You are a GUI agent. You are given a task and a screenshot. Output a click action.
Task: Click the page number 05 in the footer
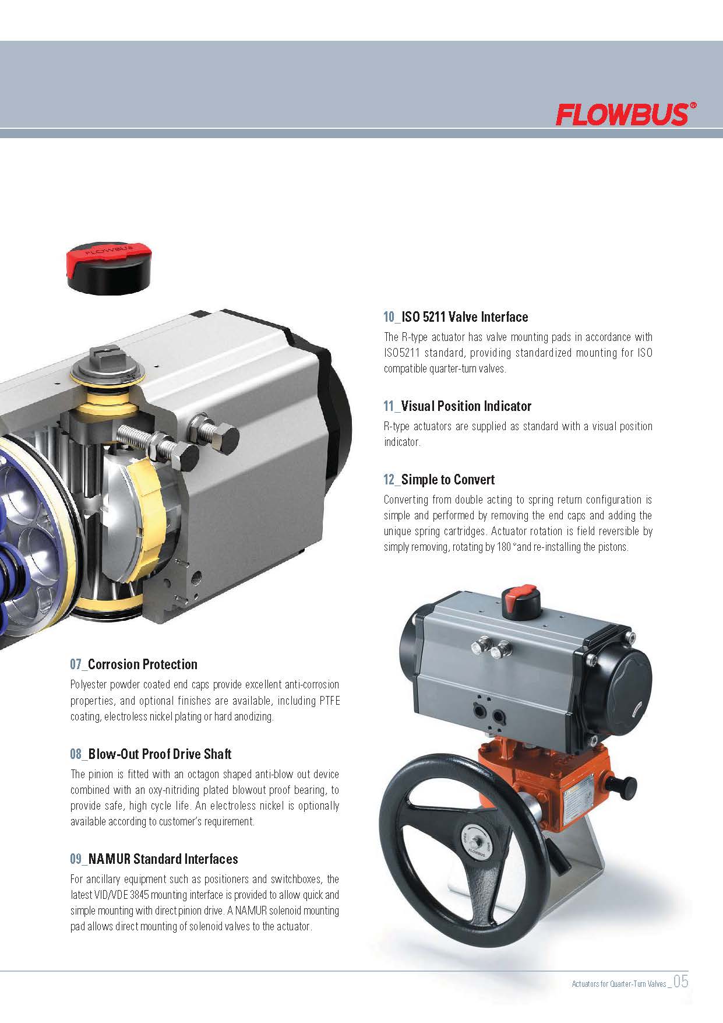(681, 982)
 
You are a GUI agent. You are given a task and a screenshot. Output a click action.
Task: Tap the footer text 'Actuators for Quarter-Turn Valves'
(619, 984)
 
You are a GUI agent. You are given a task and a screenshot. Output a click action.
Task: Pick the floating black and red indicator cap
(110, 269)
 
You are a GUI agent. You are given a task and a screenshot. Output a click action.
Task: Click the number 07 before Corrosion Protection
(76, 665)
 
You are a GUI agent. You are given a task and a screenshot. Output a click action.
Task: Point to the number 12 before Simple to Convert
(389, 480)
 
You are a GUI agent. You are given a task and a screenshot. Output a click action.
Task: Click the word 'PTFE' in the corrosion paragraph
(329, 701)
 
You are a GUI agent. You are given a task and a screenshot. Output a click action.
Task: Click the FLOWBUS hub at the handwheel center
(476, 843)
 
